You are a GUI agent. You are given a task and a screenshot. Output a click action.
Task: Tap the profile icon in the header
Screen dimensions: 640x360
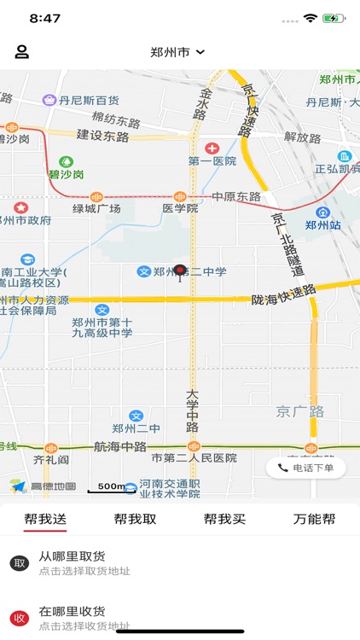pyautogui.click(x=22, y=51)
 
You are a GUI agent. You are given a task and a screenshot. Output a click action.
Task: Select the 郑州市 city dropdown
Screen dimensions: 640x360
pyautogui.click(x=177, y=52)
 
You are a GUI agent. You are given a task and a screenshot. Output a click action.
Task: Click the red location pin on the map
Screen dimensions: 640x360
pyautogui.click(x=180, y=272)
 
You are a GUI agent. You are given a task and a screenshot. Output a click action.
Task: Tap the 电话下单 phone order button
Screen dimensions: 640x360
pyautogui.click(x=306, y=468)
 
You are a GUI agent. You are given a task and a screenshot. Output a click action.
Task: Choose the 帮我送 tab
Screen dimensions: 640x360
pyautogui.click(x=45, y=519)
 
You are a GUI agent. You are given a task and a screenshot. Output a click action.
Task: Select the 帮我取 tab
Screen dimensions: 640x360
pyautogui.click(x=135, y=519)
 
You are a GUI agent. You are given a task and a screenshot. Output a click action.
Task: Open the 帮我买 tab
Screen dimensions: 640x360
pyautogui.click(x=224, y=519)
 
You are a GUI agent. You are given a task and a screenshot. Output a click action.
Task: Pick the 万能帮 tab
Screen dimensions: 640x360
pyautogui.click(x=314, y=519)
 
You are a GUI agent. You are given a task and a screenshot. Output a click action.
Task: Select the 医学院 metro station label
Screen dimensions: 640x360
pyautogui.click(x=180, y=208)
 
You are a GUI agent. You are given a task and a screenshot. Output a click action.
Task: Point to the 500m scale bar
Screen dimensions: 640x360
pyautogui.click(x=111, y=487)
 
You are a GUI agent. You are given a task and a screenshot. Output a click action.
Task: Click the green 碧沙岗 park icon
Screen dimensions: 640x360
pyautogui.click(x=66, y=161)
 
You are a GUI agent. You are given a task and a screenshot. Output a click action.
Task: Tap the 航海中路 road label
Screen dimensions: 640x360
pyautogui.click(x=119, y=446)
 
